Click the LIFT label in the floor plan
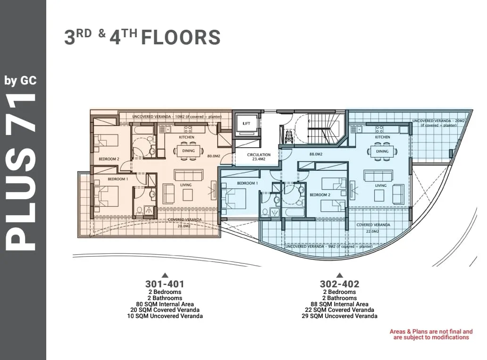click(x=246, y=123)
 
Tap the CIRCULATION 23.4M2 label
click(x=259, y=157)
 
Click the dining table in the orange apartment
click(x=188, y=151)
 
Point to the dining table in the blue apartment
click(x=382, y=151)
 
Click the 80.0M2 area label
click(x=214, y=156)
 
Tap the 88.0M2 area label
click(x=316, y=154)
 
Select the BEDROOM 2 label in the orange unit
click(x=109, y=159)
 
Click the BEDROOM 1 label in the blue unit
click(x=248, y=183)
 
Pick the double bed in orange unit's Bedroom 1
click(x=106, y=196)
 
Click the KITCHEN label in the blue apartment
click(x=382, y=137)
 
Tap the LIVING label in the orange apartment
click(x=186, y=185)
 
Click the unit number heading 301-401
click(x=165, y=284)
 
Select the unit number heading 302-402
click(x=339, y=284)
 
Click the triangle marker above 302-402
click(x=339, y=275)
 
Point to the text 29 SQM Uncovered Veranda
click(x=339, y=316)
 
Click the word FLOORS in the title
click(x=181, y=38)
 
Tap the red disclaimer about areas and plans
click(x=431, y=335)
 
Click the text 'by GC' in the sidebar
click(x=20, y=81)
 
